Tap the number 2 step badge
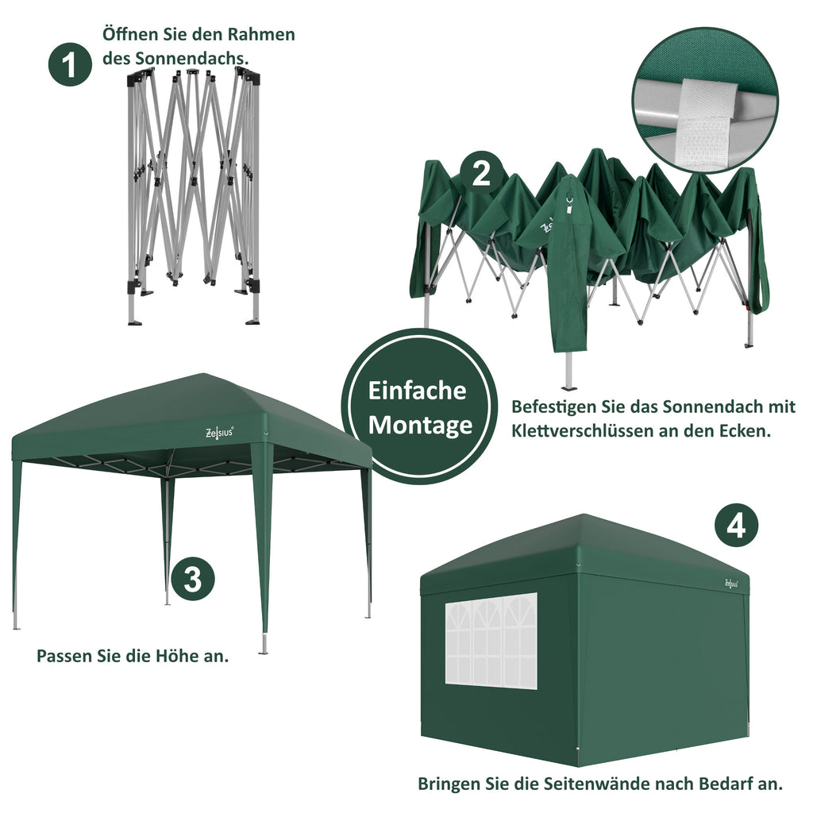[x=482, y=173]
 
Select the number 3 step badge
[x=192, y=580]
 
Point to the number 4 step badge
[x=736, y=526]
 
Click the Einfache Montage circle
[x=419, y=406]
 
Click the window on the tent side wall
[x=491, y=639]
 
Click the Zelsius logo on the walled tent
[x=732, y=583]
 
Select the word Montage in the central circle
[x=420, y=425]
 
